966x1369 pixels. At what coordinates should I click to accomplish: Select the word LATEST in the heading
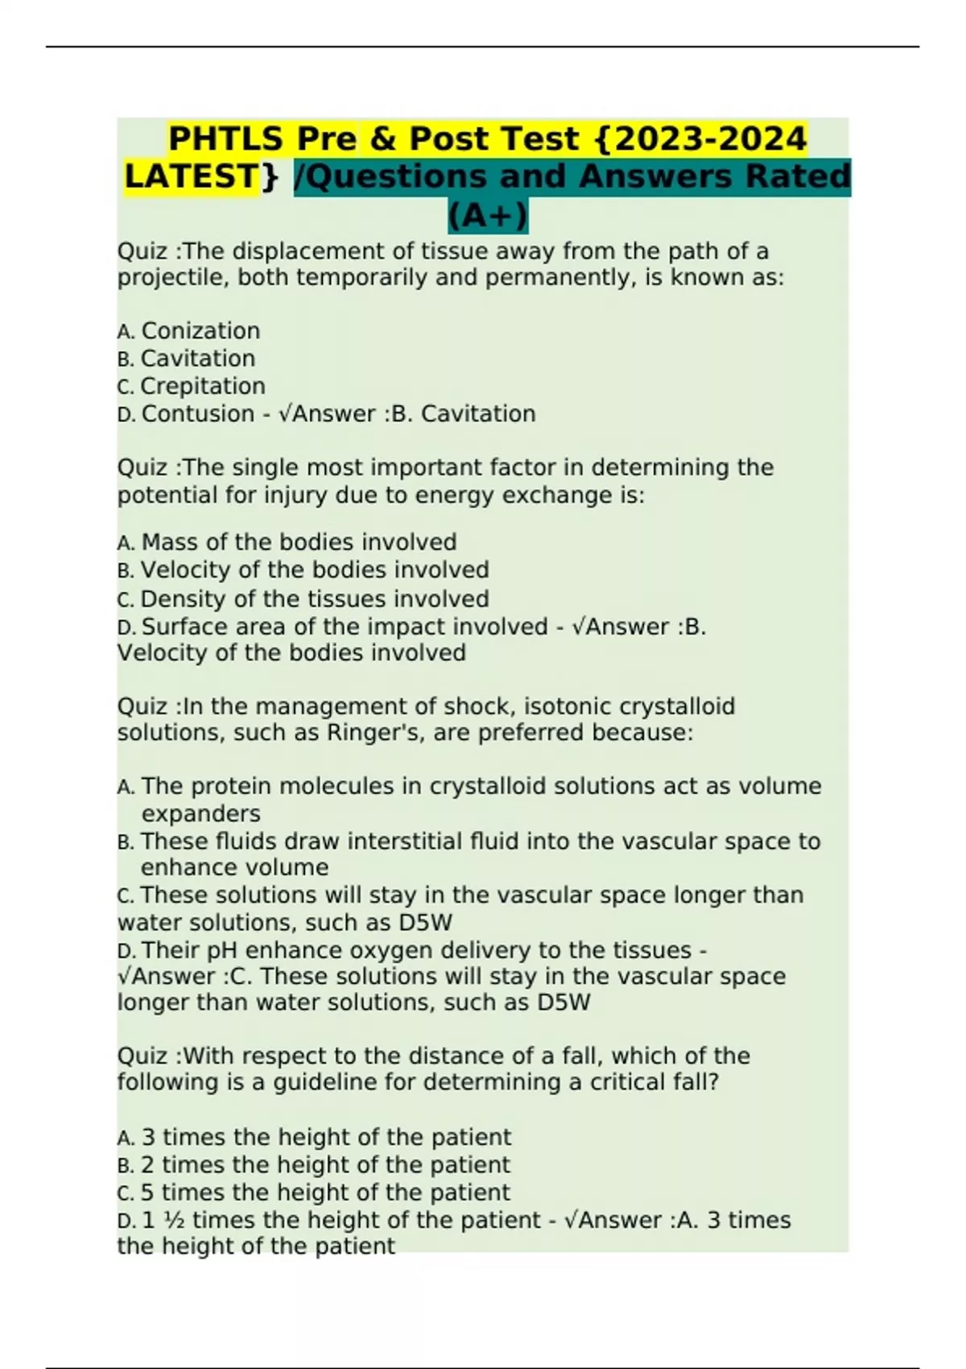pyautogui.click(x=191, y=177)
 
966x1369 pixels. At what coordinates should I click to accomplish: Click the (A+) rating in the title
pyautogui.click(x=488, y=216)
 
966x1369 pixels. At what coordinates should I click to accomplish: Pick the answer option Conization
pyautogui.click(x=200, y=331)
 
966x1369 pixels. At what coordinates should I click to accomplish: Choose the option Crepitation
pyautogui.click(x=202, y=387)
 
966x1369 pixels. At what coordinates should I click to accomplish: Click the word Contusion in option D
pyautogui.click(x=187, y=414)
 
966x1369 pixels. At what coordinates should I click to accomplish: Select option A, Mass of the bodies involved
pyautogui.click(x=298, y=542)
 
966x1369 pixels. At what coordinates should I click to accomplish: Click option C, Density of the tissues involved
pyautogui.click(x=314, y=599)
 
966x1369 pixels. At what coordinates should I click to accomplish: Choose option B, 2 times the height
pyautogui.click(x=325, y=1165)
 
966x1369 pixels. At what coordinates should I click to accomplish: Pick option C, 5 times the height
pyautogui.click(x=325, y=1193)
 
